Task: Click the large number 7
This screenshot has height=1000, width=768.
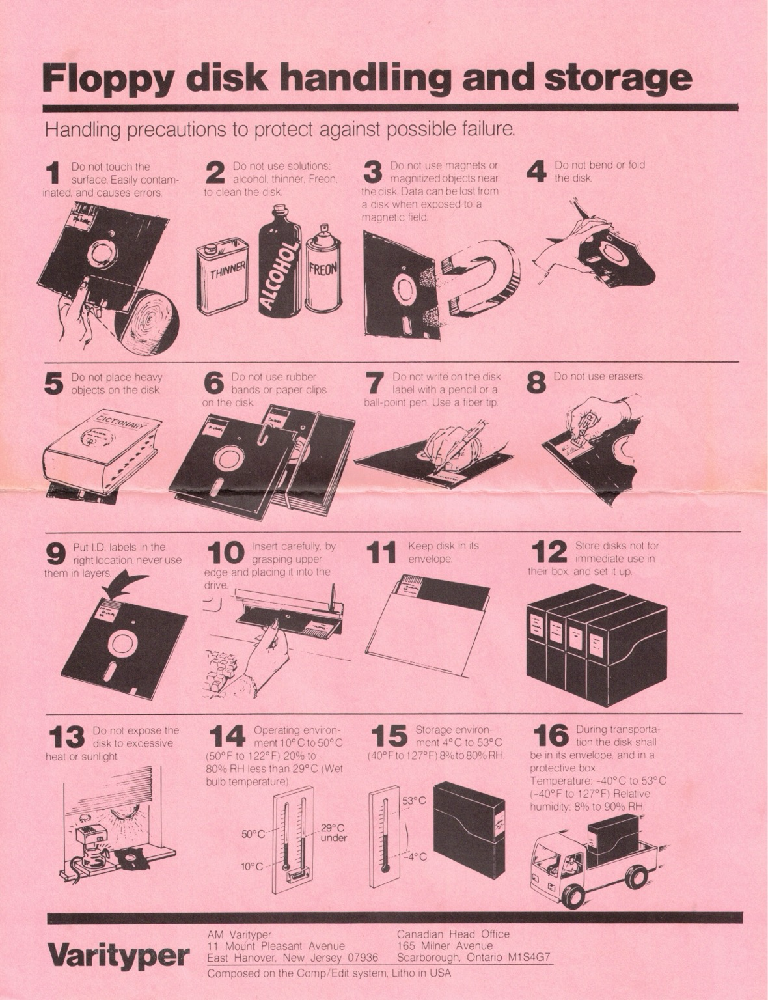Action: (x=374, y=383)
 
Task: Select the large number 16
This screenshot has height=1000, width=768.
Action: (x=551, y=736)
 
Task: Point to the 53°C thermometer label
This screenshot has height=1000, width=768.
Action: (x=414, y=800)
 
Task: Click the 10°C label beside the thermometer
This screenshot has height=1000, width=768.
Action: (x=253, y=867)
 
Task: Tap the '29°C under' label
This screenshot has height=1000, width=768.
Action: (x=333, y=833)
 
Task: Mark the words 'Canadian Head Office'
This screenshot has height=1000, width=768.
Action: (x=453, y=934)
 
